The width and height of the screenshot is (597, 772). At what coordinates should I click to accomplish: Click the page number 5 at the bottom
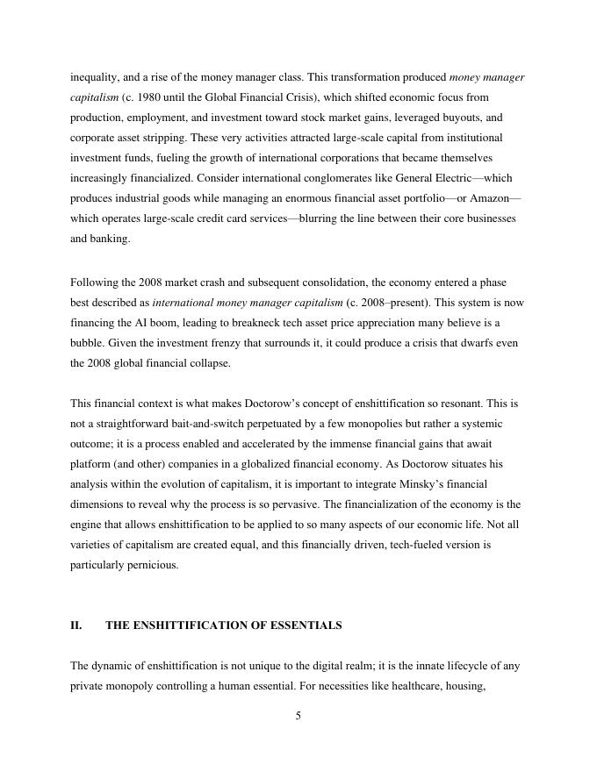point(298,716)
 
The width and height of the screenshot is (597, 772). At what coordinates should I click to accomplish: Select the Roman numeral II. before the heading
point(76,625)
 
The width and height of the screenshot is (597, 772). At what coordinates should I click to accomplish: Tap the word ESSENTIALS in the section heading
point(305,625)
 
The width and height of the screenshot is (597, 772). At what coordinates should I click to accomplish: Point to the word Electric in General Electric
point(454,178)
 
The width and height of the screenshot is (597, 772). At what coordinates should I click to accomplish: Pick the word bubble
point(88,343)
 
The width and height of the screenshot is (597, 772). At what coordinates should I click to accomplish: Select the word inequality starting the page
point(97,77)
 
